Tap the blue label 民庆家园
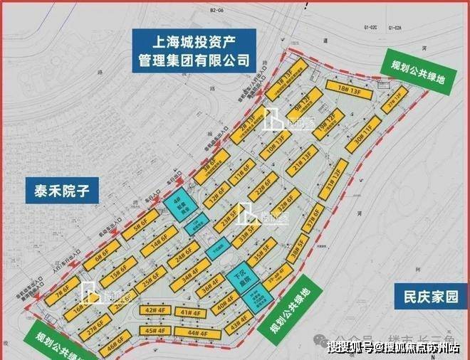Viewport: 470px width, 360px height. click(425, 295)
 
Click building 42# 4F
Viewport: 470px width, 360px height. click(152, 311)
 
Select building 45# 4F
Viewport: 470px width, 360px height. click(150, 331)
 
